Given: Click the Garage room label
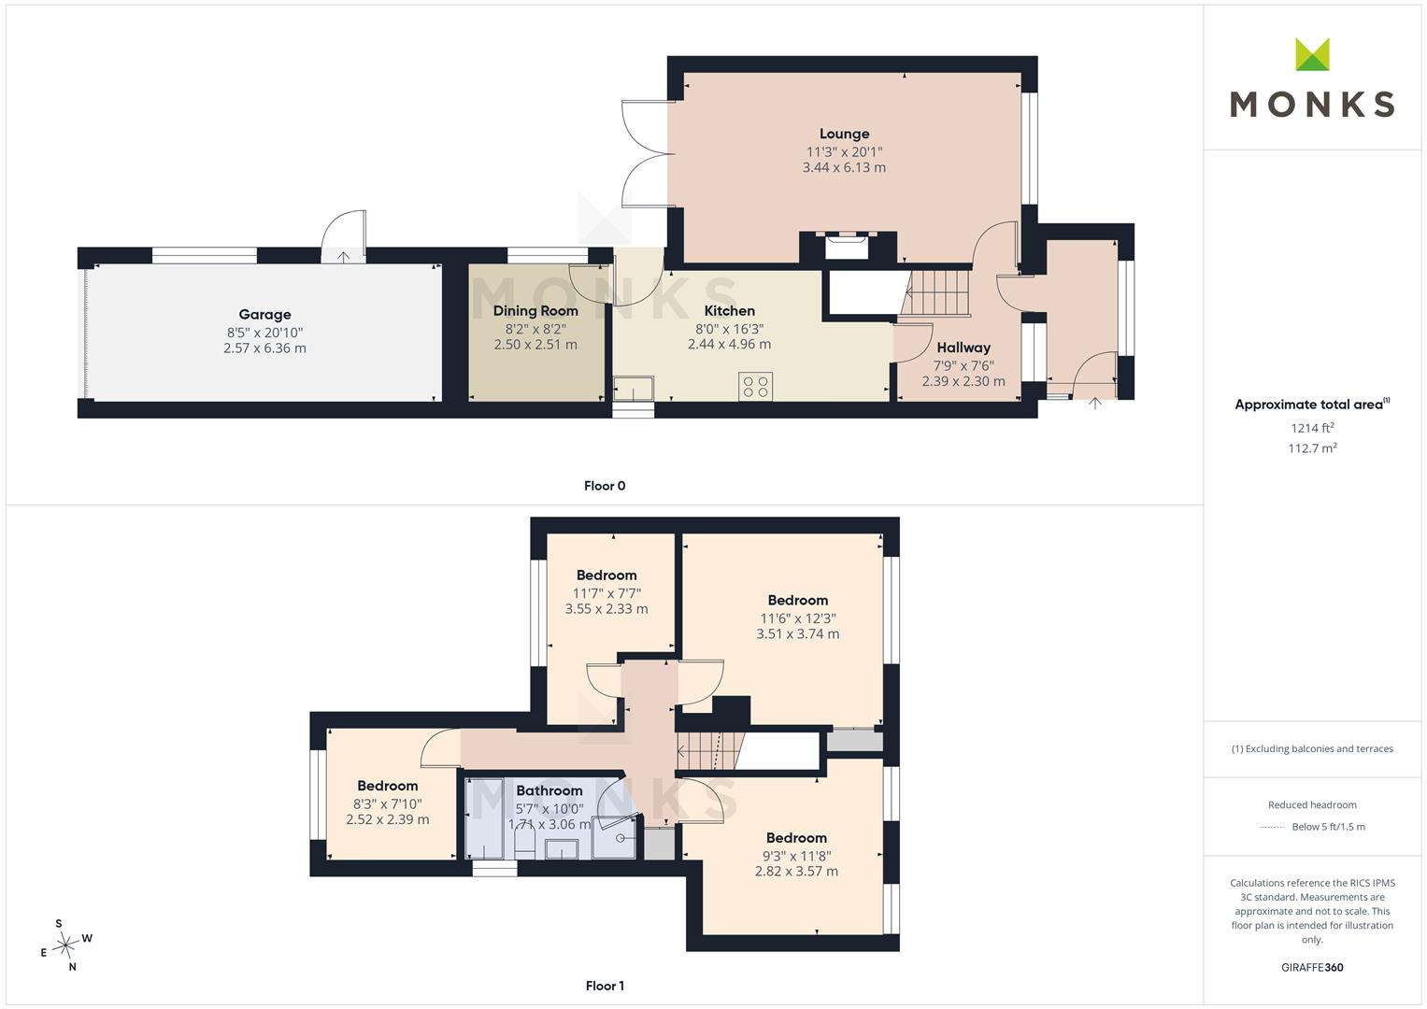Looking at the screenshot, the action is click(x=264, y=314).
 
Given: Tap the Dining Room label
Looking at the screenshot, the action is click(x=535, y=311).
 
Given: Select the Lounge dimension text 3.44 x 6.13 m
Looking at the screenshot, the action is click(x=844, y=167).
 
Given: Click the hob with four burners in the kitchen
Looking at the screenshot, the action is click(x=755, y=387).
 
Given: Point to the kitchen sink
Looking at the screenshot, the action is click(x=634, y=388).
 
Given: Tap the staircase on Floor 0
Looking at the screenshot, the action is click(x=935, y=293).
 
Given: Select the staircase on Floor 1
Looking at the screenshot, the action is click(x=709, y=751).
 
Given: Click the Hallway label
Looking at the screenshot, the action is click(x=963, y=348).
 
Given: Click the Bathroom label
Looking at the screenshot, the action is click(x=549, y=790).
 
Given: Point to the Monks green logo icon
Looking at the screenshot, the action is click(x=1312, y=54).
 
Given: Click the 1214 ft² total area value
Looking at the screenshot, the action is click(x=1312, y=428).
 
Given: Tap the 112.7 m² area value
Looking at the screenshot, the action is click(x=1312, y=448).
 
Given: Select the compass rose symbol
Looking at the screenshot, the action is click(x=65, y=945).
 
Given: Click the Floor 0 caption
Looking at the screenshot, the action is click(x=605, y=486).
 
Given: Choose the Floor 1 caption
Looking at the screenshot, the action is click(x=605, y=986).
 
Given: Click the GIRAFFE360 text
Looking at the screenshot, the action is click(x=1312, y=967).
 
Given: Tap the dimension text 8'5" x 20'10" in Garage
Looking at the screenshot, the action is click(x=264, y=333).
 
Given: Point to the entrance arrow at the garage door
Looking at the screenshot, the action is click(x=343, y=257).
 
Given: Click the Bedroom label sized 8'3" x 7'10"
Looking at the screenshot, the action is click(x=387, y=786).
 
